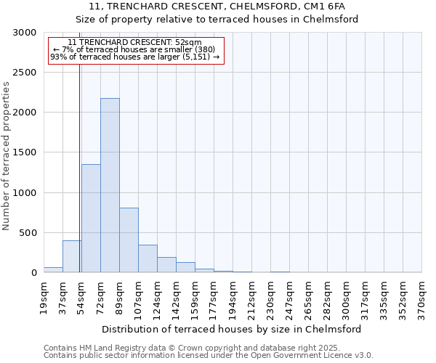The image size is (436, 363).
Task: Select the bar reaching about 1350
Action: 91,218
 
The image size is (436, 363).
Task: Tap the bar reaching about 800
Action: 129,240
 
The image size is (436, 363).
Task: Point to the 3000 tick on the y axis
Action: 26,33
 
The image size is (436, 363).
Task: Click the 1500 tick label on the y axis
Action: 26,153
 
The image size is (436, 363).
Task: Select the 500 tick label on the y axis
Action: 29,233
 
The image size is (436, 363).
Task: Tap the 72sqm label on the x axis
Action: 101,298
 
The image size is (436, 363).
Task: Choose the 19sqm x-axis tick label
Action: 44,298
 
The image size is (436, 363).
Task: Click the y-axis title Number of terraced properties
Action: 7,156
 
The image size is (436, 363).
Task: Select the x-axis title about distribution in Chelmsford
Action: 232,329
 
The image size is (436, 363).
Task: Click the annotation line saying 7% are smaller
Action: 134,49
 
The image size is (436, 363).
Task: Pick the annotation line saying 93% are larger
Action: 134,57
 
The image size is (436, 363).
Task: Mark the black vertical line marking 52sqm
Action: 79,167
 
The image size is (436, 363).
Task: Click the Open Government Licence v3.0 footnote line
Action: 209,356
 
